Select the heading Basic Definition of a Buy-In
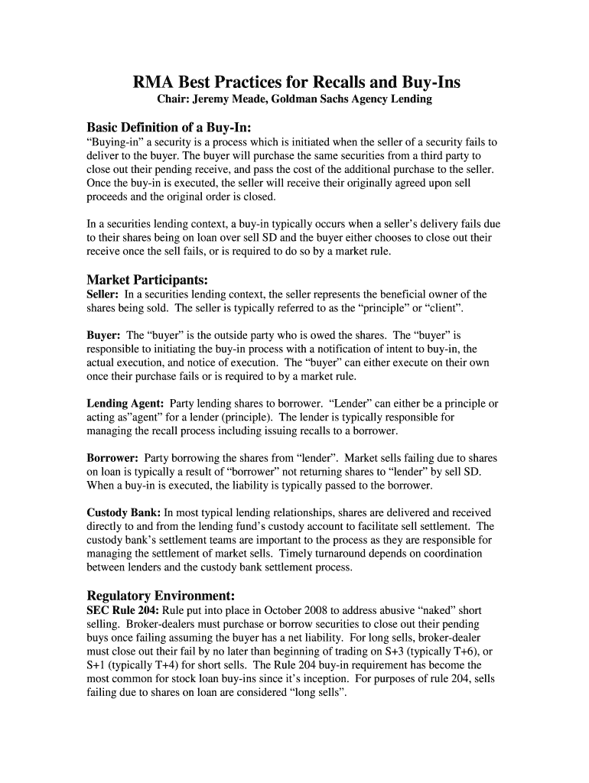click(x=169, y=126)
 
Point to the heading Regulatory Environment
click(x=161, y=595)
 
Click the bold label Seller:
click(x=103, y=294)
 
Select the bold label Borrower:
click(x=112, y=458)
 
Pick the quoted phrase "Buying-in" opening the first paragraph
click(x=115, y=142)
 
